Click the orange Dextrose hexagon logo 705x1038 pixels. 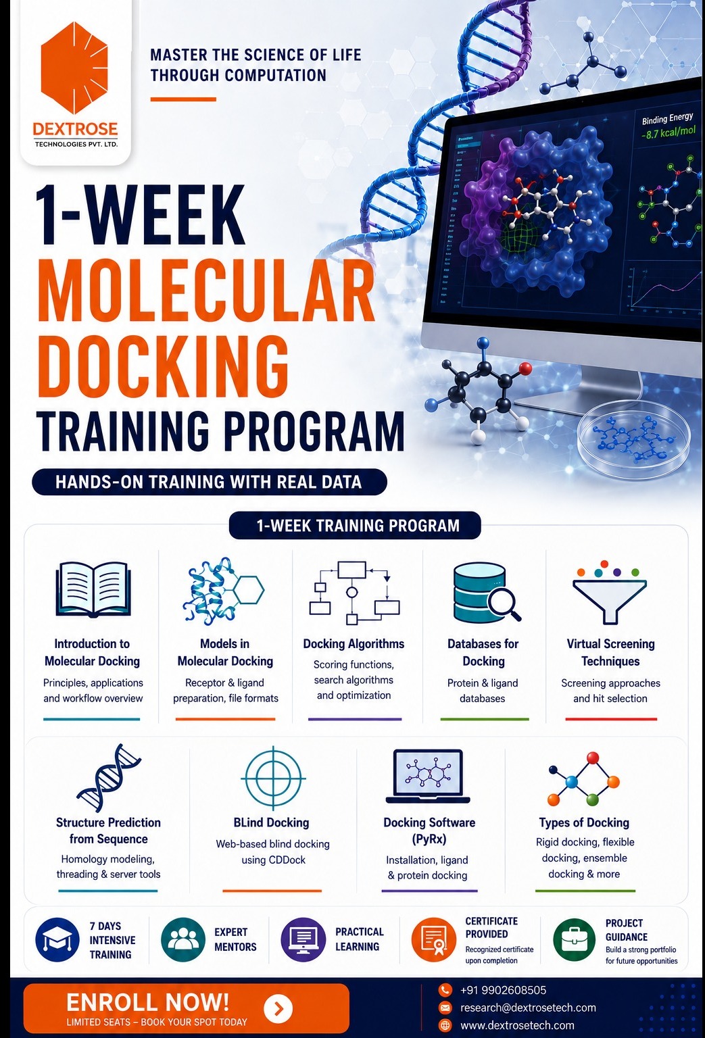click(x=74, y=68)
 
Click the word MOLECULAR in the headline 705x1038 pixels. click(x=205, y=292)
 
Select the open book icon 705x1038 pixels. click(x=93, y=589)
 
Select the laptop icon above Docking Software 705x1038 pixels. click(x=428, y=776)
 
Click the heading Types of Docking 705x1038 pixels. click(x=584, y=822)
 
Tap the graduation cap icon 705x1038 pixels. click(x=57, y=940)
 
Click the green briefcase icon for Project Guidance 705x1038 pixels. click(x=575, y=940)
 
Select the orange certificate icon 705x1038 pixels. click(x=434, y=940)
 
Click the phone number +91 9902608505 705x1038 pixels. click(x=503, y=990)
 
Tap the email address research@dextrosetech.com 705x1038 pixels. click(x=528, y=1008)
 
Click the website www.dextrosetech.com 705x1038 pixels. click(x=517, y=1025)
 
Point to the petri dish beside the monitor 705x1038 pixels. click(x=634, y=439)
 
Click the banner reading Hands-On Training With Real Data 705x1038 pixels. click(x=209, y=482)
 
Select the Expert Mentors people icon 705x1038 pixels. click(x=183, y=940)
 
